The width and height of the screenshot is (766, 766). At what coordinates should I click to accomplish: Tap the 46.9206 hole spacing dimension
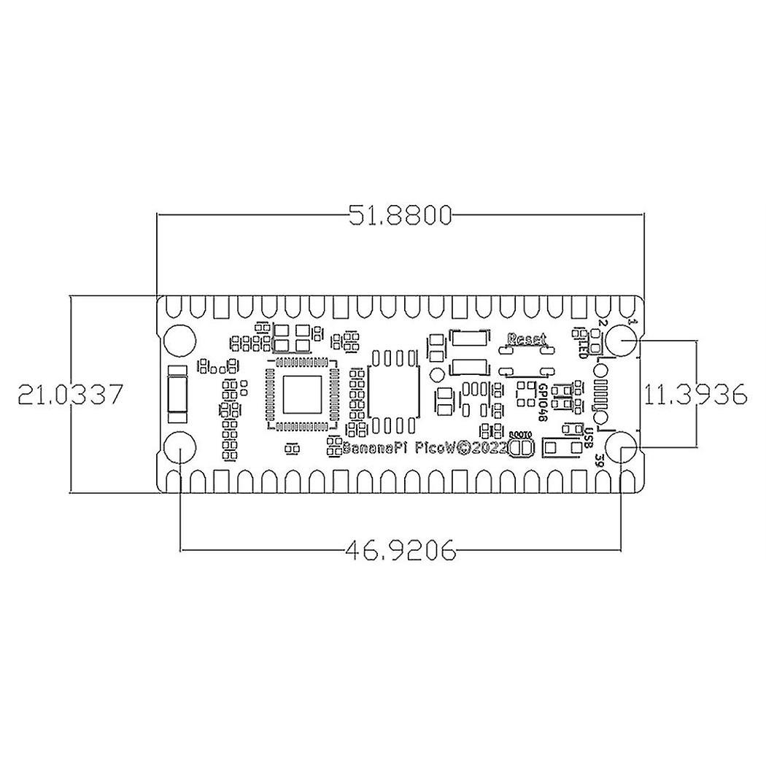coord(401,550)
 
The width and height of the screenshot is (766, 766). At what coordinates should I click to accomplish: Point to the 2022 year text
coord(486,450)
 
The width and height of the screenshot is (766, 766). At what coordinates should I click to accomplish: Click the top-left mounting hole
coord(180,339)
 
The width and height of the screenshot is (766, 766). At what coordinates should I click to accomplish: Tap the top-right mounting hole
coord(621,339)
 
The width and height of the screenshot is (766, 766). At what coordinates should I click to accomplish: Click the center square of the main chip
coord(302,394)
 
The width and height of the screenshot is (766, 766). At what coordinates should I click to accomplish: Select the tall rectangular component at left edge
coord(178,395)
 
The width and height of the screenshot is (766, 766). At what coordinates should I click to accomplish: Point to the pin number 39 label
coord(598,460)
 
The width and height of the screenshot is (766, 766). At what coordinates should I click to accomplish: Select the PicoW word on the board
coord(436,450)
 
